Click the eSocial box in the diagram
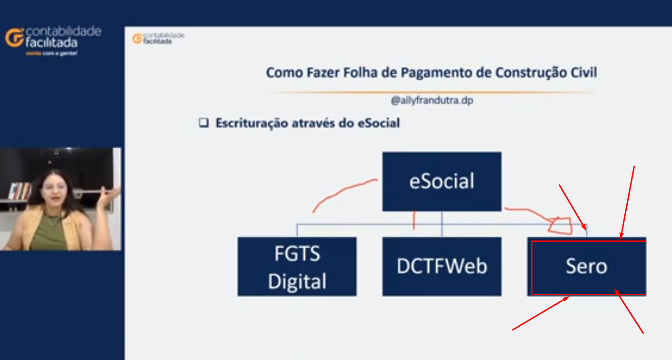(x=441, y=181)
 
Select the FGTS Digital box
(x=297, y=266)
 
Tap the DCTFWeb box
(x=441, y=266)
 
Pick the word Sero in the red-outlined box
(x=586, y=266)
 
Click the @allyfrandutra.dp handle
(x=432, y=100)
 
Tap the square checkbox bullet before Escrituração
(x=204, y=123)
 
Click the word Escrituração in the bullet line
(x=251, y=123)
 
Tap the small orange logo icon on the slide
(x=137, y=39)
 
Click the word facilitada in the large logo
(x=51, y=43)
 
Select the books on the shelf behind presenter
(x=20, y=191)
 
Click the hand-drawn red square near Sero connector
(x=560, y=225)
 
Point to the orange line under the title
(x=429, y=92)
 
